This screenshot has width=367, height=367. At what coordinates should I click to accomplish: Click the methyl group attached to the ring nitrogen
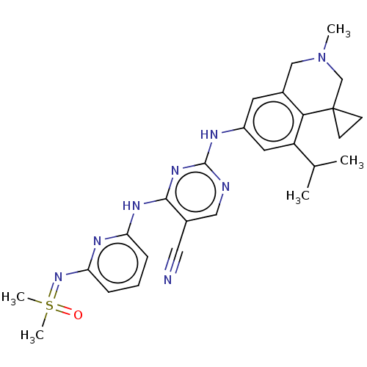(x=338, y=30)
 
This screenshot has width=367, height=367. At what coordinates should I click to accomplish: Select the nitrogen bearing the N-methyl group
(x=321, y=58)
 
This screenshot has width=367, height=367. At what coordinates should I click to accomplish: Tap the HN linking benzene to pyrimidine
(x=209, y=134)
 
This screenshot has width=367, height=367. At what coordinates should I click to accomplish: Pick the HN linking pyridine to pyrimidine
(x=131, y=206)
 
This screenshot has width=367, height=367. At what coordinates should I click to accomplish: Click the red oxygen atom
(x=78, y=315)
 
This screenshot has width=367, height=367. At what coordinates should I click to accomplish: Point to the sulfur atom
(x=49, y=305)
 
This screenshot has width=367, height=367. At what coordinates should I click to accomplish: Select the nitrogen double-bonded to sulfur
(x=58, y=277)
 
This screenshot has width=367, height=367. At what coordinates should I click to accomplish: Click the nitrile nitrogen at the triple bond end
(x=167, y=280)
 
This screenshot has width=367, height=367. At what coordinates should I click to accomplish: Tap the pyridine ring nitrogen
(x=98, y=241)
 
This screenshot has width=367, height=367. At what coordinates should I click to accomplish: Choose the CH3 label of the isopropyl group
(x=352, y=161)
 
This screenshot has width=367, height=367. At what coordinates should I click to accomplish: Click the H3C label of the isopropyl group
(x=298, y=197)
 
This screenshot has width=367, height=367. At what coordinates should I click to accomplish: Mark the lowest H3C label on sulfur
(x=32, y=335)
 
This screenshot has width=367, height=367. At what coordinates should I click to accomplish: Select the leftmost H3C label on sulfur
(x=13, y=297)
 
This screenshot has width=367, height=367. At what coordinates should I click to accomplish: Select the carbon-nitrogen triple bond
(x=174, y=260)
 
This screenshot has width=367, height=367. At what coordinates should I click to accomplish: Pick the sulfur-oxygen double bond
(x=63, y=310)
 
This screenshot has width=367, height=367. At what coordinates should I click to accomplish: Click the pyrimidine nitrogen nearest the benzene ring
(x=225, y=187)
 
